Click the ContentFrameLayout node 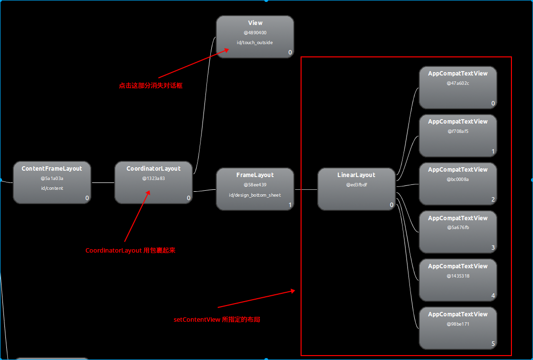[52, 182]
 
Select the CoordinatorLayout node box [153, 182]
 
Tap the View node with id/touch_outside [255, 37]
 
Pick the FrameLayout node [255, 189]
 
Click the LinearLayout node [356, 189]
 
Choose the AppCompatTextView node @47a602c [458, 87]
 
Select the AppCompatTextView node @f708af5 [458, 135]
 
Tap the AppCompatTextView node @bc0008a [458, 183]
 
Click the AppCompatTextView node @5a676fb [458, 232]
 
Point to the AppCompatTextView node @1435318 [458, 280]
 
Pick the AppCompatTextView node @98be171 [458, 328]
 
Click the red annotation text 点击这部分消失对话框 [151, 85]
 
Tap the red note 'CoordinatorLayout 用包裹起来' [130, 251]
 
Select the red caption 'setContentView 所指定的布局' [217, 320]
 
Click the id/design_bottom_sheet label [255, 195]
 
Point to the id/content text [52, 188]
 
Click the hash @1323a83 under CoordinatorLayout [153, 178]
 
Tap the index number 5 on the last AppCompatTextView [493, 344]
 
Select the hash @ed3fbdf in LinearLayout [356, 184]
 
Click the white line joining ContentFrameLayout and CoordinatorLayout [102, 182]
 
